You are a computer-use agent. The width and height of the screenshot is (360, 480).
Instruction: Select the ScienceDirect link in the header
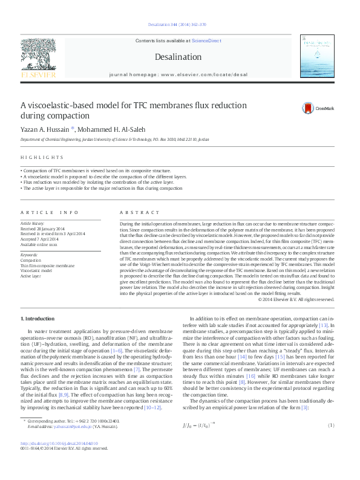pyautogui.click(x=206, y=41)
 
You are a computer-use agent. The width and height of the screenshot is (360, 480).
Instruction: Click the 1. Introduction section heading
pyautogui.click(x=38, y=318)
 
